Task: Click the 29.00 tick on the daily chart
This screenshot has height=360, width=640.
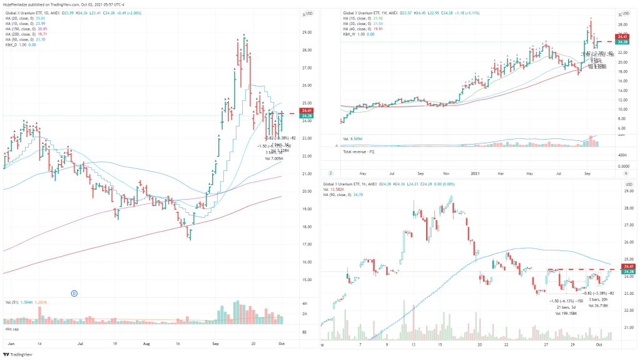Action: click(x=307, y=32)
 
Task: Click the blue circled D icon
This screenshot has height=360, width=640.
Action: click(x=74, y=292)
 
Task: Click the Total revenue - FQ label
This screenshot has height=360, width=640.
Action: click(x=360, y=152)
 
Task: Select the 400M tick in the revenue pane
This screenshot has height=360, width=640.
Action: click(x=623, y=154)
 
